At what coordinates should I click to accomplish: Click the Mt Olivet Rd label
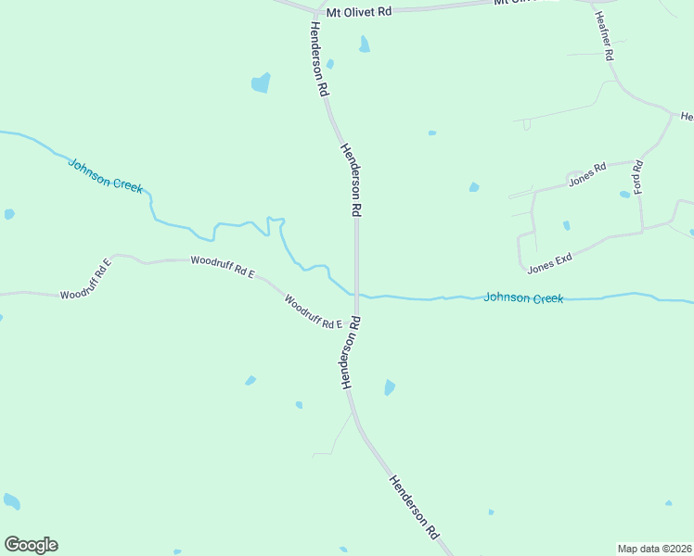point(359,12)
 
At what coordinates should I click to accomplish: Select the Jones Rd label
point(586,173)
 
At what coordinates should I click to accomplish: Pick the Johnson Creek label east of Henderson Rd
point(522,298)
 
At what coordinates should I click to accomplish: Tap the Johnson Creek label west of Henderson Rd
point(106,174)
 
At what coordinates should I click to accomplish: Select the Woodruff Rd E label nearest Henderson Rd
point(314,312)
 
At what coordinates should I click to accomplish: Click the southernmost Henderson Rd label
point(414,507)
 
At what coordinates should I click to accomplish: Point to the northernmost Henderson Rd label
point(316,58)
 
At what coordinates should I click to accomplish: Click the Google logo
point(31,545)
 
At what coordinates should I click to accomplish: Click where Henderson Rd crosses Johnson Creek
point(356,295)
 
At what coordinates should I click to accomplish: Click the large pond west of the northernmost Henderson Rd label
point(261,82)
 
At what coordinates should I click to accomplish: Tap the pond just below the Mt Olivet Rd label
point(365,44)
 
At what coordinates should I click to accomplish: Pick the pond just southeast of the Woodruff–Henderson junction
point(390,387)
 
